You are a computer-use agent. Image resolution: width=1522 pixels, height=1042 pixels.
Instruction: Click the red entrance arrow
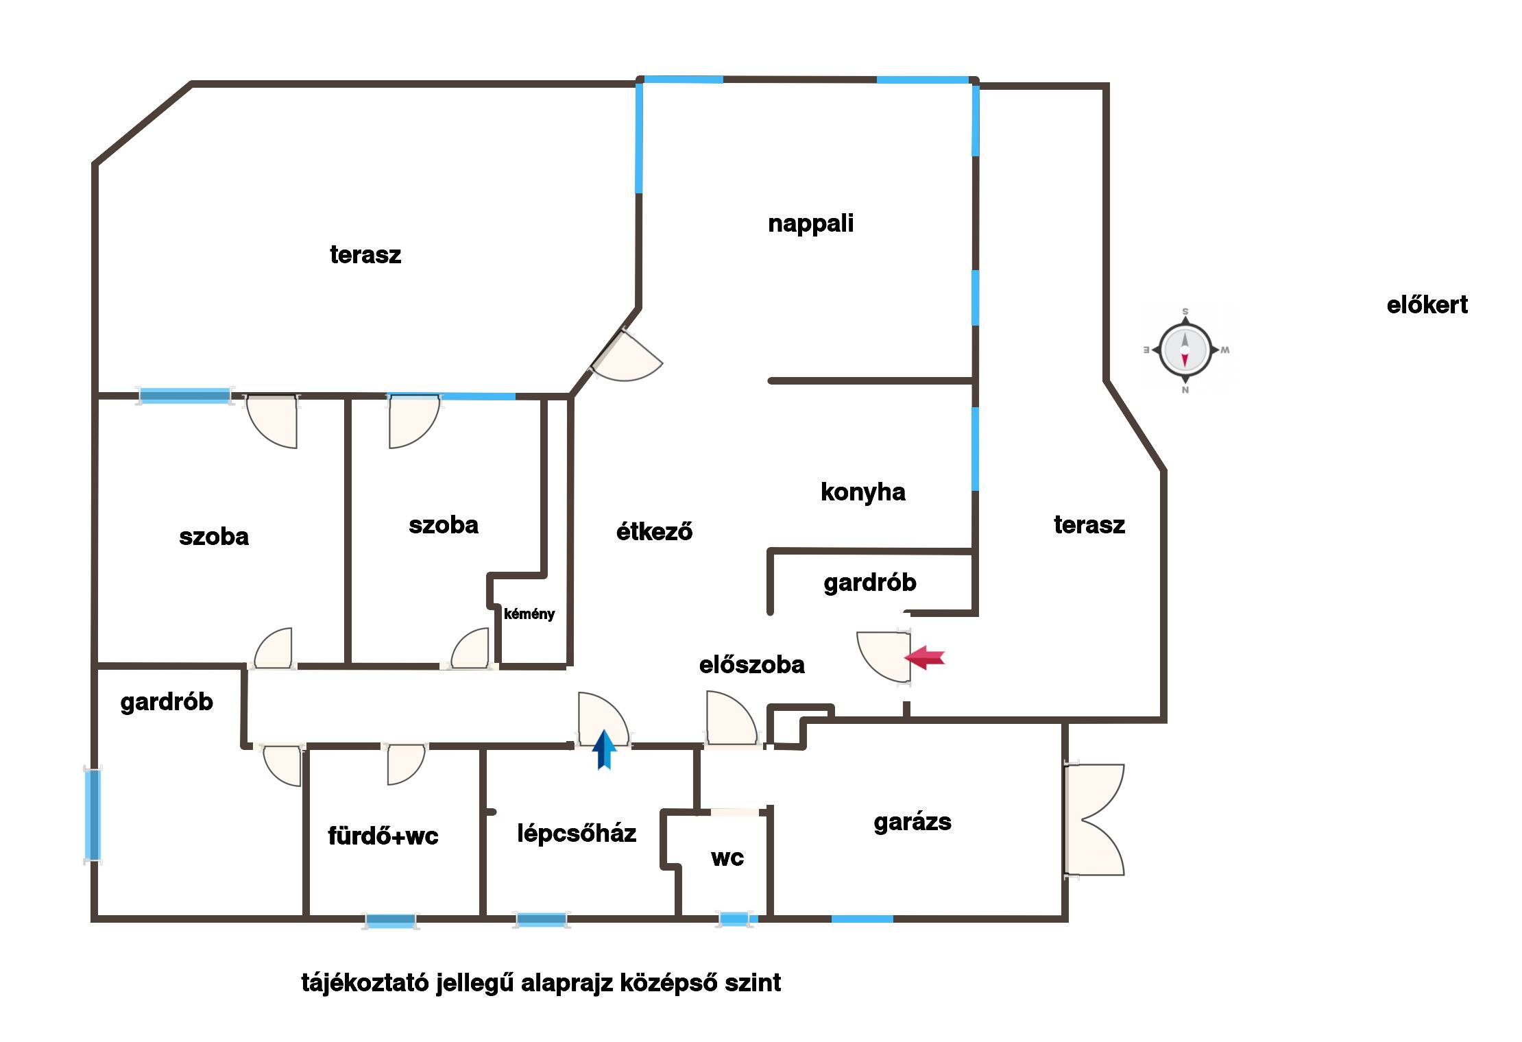pyautogui.click(x=924, y=657)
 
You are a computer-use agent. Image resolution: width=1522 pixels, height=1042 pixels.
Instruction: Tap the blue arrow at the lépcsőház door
pyautogui.click(x=604, y=750)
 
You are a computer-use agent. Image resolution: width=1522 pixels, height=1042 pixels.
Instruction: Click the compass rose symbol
pyautogui.click(x=1185, y=350)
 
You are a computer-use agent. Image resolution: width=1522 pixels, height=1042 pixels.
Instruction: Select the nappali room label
pyautogui.click(x=811, y=223)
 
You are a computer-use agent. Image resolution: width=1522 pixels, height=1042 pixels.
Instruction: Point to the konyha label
pyautogui.click(x=863, y=492)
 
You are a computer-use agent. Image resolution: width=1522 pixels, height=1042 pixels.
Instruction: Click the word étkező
pyautogui.click(x=654, y=531)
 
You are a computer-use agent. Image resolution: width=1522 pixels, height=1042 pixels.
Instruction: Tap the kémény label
pyautogui.click(x=529, y=614)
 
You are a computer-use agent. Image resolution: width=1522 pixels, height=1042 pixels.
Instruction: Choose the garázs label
pyautogui.click(x=913, y=822)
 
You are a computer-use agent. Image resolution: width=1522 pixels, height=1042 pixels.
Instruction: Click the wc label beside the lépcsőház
pyautogui.click(x=727, y=858)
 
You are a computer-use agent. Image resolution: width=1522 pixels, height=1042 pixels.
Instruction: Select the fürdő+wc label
pyautogui.click(x=383, y=836)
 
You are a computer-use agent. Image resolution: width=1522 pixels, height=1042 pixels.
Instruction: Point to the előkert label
pyautogui.click(x=1427, y=304)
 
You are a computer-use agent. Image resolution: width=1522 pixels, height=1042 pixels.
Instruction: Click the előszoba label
pyautogui.click(x=752, y=664)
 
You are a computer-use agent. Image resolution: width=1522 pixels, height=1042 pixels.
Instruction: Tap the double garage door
pyautogui.click(x=1094, y=819)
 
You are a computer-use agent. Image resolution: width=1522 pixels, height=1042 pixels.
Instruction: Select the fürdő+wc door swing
pyautogui.click(x=406, y=764)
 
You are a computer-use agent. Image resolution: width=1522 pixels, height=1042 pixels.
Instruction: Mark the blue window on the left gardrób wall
pyautogui.click(x=93, y=815)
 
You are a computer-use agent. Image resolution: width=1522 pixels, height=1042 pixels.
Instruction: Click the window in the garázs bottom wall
pyautogui.click(x=862, y=919)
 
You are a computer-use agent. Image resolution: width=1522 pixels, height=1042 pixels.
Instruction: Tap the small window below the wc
pyautogui.click(x=735, y=919)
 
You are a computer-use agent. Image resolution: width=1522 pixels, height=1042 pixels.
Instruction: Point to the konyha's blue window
pyautogui.click(x=975, y=449)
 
